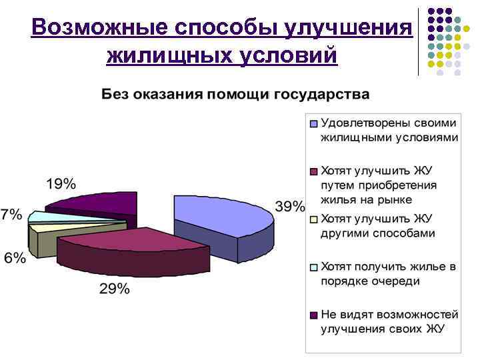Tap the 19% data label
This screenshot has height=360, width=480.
point(61,183)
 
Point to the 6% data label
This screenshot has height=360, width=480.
point(14,258)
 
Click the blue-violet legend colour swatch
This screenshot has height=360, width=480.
point(313,123)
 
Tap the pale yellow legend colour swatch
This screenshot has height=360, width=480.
point(313,219)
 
